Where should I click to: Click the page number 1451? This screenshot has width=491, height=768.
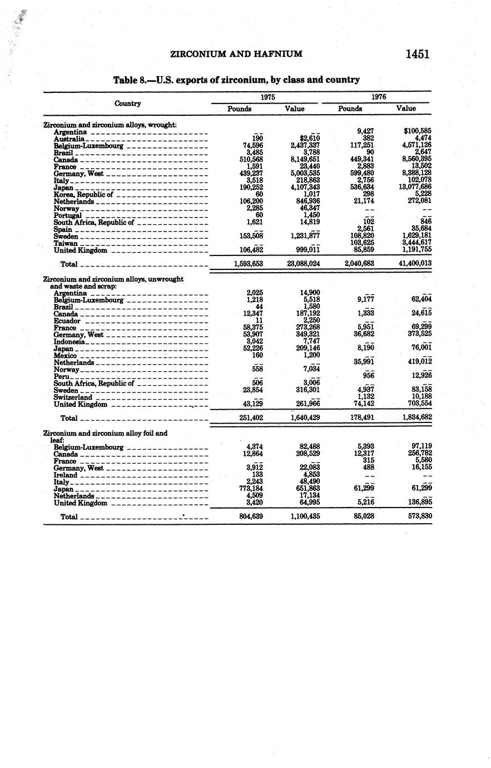pos(418,54)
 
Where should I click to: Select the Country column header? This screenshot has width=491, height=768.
pos(127,104)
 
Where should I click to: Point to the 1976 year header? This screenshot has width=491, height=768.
pos(379,96)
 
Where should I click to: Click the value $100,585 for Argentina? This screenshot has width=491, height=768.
pos(418,131)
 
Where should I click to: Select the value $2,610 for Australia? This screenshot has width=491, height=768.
pos(310,139)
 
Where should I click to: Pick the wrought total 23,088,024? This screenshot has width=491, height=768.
pos(304,263)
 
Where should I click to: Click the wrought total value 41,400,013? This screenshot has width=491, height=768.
pos(414,263)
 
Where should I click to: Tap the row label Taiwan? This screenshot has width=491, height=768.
pos(65,243)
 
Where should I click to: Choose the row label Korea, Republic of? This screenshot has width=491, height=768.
pos(83,194)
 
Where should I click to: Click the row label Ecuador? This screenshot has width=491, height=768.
pos(67,321)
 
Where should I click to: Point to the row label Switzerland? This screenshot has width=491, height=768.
pos(73,397)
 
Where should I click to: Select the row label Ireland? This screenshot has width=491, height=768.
pos(66,475)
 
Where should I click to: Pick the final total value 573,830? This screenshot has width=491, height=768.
pos(419,516)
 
